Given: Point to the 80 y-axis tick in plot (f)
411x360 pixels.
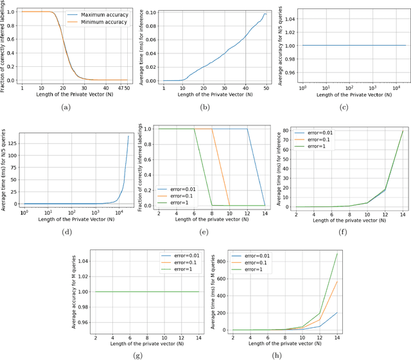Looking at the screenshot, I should [x=292, y=131].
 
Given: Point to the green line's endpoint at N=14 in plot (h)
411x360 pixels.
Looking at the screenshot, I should [x=336, y=253].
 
